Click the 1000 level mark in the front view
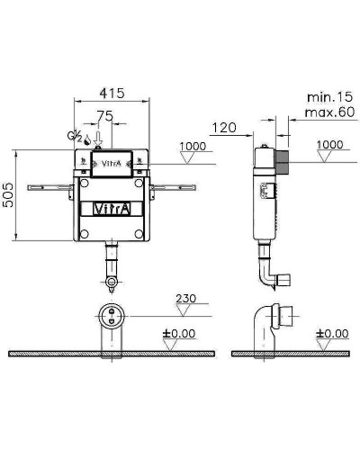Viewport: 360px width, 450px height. [192, 146]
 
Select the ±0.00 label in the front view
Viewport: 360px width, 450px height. [190, 334]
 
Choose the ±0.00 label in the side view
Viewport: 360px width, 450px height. [332, 334]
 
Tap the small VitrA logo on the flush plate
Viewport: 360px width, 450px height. [109, 165]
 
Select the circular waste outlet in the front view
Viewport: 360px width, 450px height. [112, 318]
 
